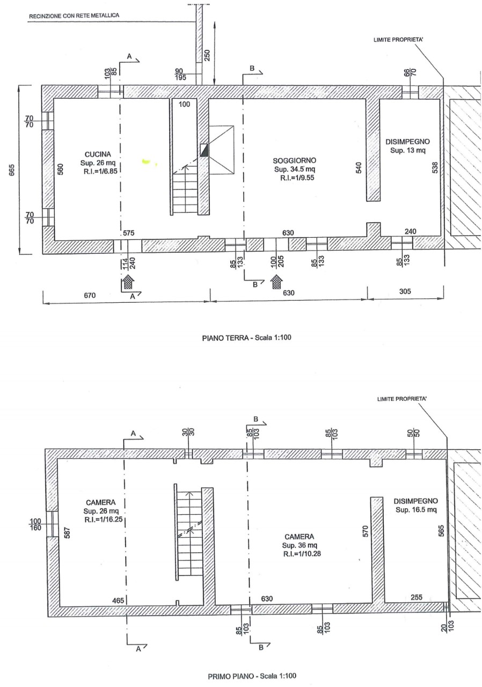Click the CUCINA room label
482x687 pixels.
pos(98,154)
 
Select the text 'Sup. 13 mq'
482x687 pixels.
pos(407,151)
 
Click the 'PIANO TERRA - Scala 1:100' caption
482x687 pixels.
pos(246,338)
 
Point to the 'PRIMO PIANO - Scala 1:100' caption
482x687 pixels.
pos(252,676)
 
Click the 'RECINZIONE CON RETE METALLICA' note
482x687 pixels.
pos(74,16)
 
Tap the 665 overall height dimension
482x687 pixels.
pos(12,170)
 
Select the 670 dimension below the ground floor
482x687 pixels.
pos(90,295)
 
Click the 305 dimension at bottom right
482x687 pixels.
pos(405,291)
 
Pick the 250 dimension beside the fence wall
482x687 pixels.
pos(207,55)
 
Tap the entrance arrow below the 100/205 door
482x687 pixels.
pos(277,281)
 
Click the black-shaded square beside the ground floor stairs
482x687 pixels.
pos(204,150)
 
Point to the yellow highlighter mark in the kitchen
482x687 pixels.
pos(147,160)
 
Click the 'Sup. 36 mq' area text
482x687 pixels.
pos(300,545)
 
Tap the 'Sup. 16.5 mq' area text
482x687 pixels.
pos(416,510)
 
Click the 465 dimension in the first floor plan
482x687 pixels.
pos(118,601)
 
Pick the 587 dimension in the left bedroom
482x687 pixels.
pos(68,533)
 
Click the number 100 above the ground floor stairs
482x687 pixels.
pos(184,104)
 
